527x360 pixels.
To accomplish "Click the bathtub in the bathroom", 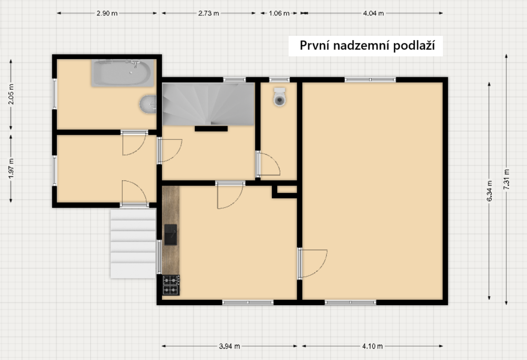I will pos(122,73).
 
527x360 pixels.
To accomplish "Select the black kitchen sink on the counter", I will pos(170,234).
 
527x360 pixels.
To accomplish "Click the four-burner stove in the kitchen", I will pos(171,285).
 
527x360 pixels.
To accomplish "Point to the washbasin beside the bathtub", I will pos(148,104).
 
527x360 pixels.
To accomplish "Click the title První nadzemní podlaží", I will pos(365,46).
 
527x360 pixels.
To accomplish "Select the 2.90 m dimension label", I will pos(107,13).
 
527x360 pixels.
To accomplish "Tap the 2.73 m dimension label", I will pos(208,13).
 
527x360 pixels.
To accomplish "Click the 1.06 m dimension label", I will pos(279,13).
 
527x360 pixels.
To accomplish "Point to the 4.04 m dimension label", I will pos(373,13).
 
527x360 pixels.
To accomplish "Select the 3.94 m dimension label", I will pos(229,346).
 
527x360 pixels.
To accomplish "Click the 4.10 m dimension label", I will pos(372,346).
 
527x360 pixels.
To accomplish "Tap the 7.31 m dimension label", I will pos(506,180).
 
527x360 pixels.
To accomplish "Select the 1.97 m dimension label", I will pos(11,169).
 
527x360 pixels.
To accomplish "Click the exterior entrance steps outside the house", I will pos(133,243).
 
